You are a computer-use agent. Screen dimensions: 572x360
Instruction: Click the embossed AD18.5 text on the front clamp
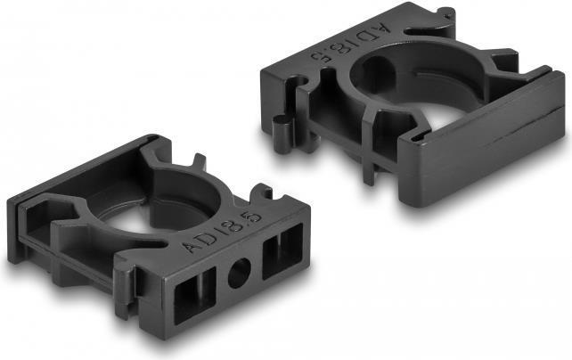223,233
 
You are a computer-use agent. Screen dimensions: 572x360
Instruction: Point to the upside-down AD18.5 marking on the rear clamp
350,42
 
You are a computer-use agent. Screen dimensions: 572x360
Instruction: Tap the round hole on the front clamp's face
240,273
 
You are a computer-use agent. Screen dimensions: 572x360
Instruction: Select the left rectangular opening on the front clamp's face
194,295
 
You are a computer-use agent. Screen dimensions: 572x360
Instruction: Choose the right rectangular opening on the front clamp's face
282,251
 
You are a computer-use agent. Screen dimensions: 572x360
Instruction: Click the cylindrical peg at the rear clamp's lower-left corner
282,132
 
